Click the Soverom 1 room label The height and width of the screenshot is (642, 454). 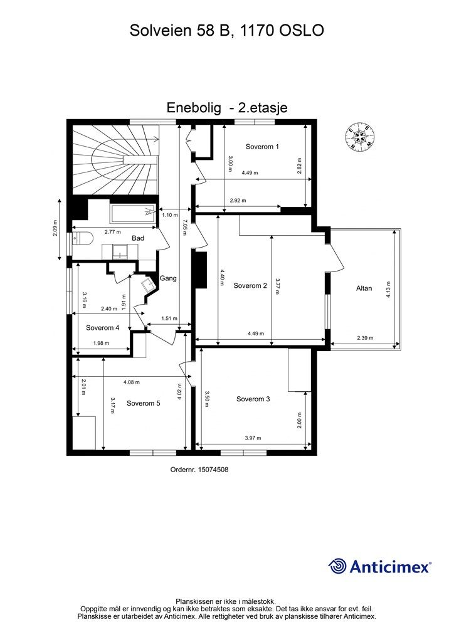(x=262, y=147)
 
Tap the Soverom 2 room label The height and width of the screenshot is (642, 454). (x=250, y=286)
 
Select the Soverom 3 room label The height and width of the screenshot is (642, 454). (x=253, y=399)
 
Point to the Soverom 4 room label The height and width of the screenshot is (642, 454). (x=103, y=327)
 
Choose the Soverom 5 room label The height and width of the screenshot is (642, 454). (x=143, y=403)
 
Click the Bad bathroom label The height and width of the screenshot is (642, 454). (x=138, y=238)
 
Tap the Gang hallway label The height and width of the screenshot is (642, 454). (x=167, y=278)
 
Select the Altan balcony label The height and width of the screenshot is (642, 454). (x=364, y=288)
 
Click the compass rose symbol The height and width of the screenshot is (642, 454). (x=360, y=136)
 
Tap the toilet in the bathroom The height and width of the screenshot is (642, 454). (x=83, y=238)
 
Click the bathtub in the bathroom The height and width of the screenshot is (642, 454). (x=131, y=214)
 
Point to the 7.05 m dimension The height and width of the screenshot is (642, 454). (x=184, y=226)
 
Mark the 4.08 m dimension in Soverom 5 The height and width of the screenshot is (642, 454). (x=131, y=382)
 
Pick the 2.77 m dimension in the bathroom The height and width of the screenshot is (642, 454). (x=112, y=231)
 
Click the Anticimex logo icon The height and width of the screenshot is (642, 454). (x=338, y=566)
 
